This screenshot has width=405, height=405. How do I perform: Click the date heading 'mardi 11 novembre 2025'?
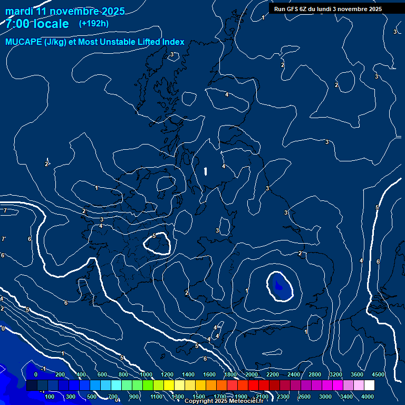pos(65,11)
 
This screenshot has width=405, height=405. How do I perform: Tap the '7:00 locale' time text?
pos(37,24)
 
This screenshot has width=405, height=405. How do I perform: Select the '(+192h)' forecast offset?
pos(94,24)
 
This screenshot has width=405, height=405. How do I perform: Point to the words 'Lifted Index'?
pos(158,42)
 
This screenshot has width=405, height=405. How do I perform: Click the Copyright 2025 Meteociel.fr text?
pos(224,401)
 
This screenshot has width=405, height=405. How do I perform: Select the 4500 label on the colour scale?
pos(378,374)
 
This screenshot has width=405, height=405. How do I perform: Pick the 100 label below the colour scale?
pos(50,397)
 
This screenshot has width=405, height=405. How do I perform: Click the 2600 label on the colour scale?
pos(304,397)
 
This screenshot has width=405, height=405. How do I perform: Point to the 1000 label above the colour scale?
pos(146,374)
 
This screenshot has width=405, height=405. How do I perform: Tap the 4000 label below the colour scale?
pos(368,397)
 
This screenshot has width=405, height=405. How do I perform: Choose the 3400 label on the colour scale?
pos(346,397)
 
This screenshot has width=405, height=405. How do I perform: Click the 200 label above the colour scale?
pos(60,374)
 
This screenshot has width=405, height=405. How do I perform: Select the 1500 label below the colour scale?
pos(198,397)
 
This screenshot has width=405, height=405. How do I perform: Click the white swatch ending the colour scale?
pos(369,385)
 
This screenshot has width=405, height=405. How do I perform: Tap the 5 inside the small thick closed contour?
pos(153,236)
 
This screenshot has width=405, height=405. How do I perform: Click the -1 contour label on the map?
pos(44,369)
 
